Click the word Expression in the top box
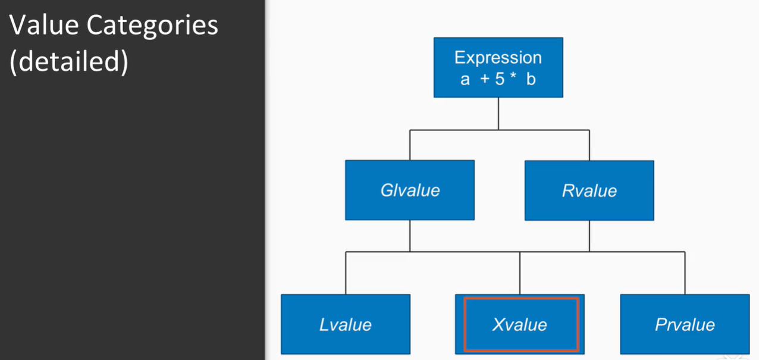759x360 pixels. click(x=498, y=58)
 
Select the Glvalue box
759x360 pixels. click(x=410, y=190)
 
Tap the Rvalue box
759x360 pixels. click(x=589, y=190)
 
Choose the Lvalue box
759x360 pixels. click(x=346, y=324)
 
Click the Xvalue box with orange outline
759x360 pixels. click(x=520, y=324)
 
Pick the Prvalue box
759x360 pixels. click(x=685, y=324)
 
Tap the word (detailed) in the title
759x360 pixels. click(x=69, y=62)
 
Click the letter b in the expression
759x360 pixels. click(x=531, y=79)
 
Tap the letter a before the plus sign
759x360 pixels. click(x=465, y=79)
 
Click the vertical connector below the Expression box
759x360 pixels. click(x=498, y=113)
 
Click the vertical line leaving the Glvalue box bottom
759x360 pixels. click(x=410, y=236)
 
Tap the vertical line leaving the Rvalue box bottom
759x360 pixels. click(x=589, y=236)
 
